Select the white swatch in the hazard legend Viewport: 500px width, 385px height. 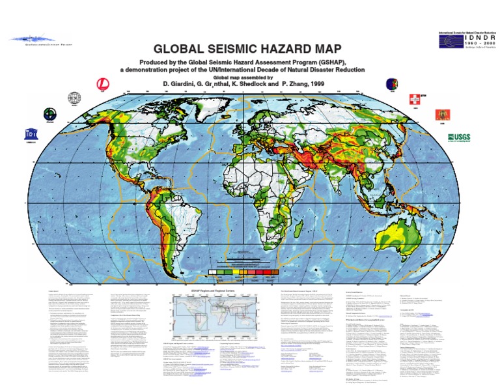tap(212, 274)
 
